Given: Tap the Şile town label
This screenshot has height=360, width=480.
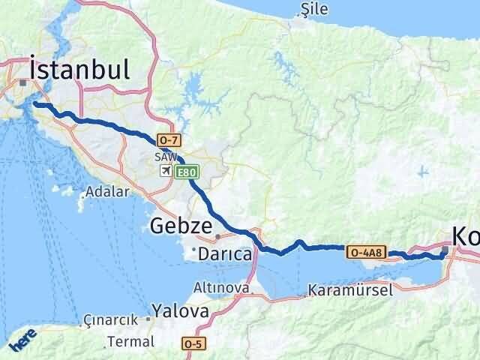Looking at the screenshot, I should [x=310, y=8].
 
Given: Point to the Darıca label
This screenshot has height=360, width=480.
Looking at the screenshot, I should [x=224, y=255].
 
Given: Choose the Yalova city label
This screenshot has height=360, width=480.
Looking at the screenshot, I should [x=179, y=310].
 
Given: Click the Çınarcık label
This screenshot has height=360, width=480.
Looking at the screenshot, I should [x=110, y=319].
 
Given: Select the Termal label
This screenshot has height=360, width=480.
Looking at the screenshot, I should [x=130, y=341].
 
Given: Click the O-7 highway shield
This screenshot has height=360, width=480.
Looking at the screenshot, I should [x=167, y=140].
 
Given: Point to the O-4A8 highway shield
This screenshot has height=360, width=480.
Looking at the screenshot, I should [x=367, y=252].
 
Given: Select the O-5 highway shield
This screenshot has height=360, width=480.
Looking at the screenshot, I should [x=193, y=343].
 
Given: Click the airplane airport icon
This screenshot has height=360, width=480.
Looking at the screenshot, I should [x=166, y=172].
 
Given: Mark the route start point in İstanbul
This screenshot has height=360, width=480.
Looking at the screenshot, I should [x=34, y=104].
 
